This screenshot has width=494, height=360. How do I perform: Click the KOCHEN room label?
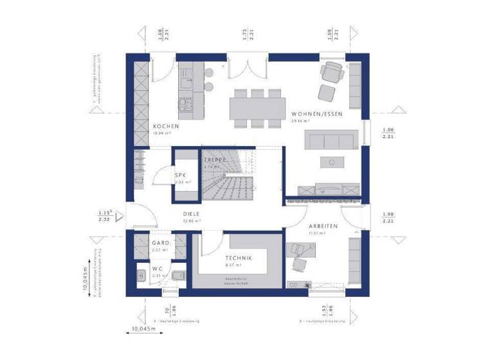[161, 126]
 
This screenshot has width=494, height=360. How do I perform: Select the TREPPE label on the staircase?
[215, 159]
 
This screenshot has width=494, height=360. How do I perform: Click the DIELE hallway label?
[191, 214]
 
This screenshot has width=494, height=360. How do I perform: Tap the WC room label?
[157, 269]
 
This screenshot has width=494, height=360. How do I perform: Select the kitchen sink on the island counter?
[187, 82]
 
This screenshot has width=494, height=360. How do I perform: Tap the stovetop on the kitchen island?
[186, 103]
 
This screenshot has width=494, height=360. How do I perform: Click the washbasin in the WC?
[142, 275]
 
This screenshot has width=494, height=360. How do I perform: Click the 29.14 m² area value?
[300, 121]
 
